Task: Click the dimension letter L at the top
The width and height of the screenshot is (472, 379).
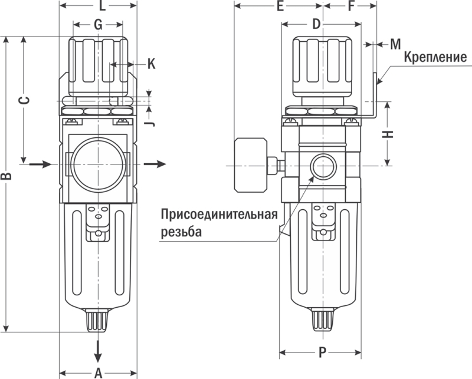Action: pos(103,6)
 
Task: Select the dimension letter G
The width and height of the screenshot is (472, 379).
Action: pos(98,25)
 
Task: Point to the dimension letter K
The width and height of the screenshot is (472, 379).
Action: pos(152,64)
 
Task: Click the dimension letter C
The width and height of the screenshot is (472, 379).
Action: pos(25,100)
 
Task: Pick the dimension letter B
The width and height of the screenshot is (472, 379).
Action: pos(6,176)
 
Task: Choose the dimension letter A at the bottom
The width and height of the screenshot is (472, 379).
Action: pos(99,373)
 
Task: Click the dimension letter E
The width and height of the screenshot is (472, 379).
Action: pos(280,6)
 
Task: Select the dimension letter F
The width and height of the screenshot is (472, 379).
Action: pos(350,6)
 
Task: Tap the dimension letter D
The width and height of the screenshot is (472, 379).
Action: pos(316,24)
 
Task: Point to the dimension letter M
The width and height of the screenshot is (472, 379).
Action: pos(395,44)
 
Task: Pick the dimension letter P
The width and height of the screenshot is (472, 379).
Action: pos(322,352)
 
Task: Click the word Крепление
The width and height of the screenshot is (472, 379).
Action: pos(435,57)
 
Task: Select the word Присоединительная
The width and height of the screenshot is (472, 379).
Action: pos(219,215)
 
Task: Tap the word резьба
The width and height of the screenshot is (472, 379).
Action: pos(181,232)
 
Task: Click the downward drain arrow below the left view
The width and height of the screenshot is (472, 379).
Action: pos(98,352)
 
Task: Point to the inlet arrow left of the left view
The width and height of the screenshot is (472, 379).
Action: pos(41,164)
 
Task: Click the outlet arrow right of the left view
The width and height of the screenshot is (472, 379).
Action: pos(155,164)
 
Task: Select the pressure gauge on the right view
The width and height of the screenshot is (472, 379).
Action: pos(251,165)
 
